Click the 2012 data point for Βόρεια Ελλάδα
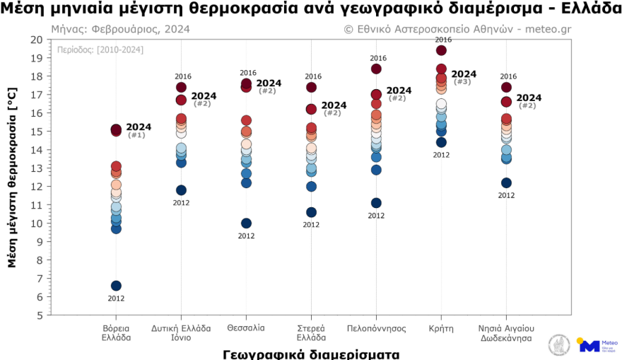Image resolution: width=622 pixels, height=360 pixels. [116, 286]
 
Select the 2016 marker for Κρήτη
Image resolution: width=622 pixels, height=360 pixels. [441, 50]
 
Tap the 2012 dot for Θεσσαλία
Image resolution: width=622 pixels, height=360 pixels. [246, 223]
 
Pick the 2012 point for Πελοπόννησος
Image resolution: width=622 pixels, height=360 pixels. [376, 203]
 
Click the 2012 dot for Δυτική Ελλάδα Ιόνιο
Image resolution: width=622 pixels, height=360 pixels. [181, 190]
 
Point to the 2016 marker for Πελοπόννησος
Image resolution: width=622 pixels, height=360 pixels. [376, 69]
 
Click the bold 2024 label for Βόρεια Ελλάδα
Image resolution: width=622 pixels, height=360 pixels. [139, 127]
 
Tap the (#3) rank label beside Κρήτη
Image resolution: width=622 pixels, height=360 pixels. [462, 82]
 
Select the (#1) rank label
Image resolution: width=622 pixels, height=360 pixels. [136, 135]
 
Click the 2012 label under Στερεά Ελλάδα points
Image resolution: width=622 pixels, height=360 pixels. [311, 225]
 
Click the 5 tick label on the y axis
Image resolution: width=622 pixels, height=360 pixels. [40, 315]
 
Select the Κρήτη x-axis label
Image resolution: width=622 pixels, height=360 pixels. [441, 328]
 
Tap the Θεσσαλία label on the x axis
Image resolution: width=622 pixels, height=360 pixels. [246, 328]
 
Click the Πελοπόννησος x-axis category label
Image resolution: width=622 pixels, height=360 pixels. [376, 328]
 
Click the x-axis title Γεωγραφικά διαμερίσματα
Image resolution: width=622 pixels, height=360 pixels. [311, 353]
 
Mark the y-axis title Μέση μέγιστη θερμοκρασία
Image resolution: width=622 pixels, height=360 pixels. [12, 177]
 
